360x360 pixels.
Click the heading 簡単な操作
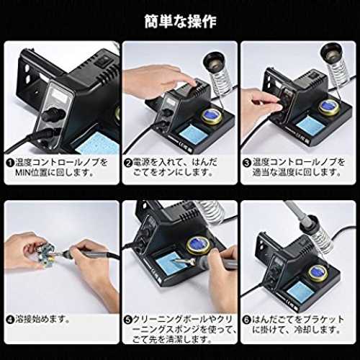click(x=181, y=22)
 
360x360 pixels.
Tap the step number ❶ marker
click(x=10, y=163)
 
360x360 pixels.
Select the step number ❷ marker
click(x=128, y=163)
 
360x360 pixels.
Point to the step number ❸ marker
click(x=247, y=163)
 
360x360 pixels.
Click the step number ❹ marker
click(x=10, y=320)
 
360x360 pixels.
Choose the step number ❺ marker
click(x=128, y=320)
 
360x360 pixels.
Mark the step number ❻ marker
click(x=246, y=320)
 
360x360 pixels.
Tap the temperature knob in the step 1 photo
click(x=53, y=114)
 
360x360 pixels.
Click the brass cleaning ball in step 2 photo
click(x=212, y=117)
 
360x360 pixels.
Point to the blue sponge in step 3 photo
click(x=310, y=125)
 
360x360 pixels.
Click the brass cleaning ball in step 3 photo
click(x=329, y=107)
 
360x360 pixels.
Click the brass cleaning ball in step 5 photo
click(x=198, y=245)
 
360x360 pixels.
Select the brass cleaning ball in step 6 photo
click(x=318, y=274)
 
